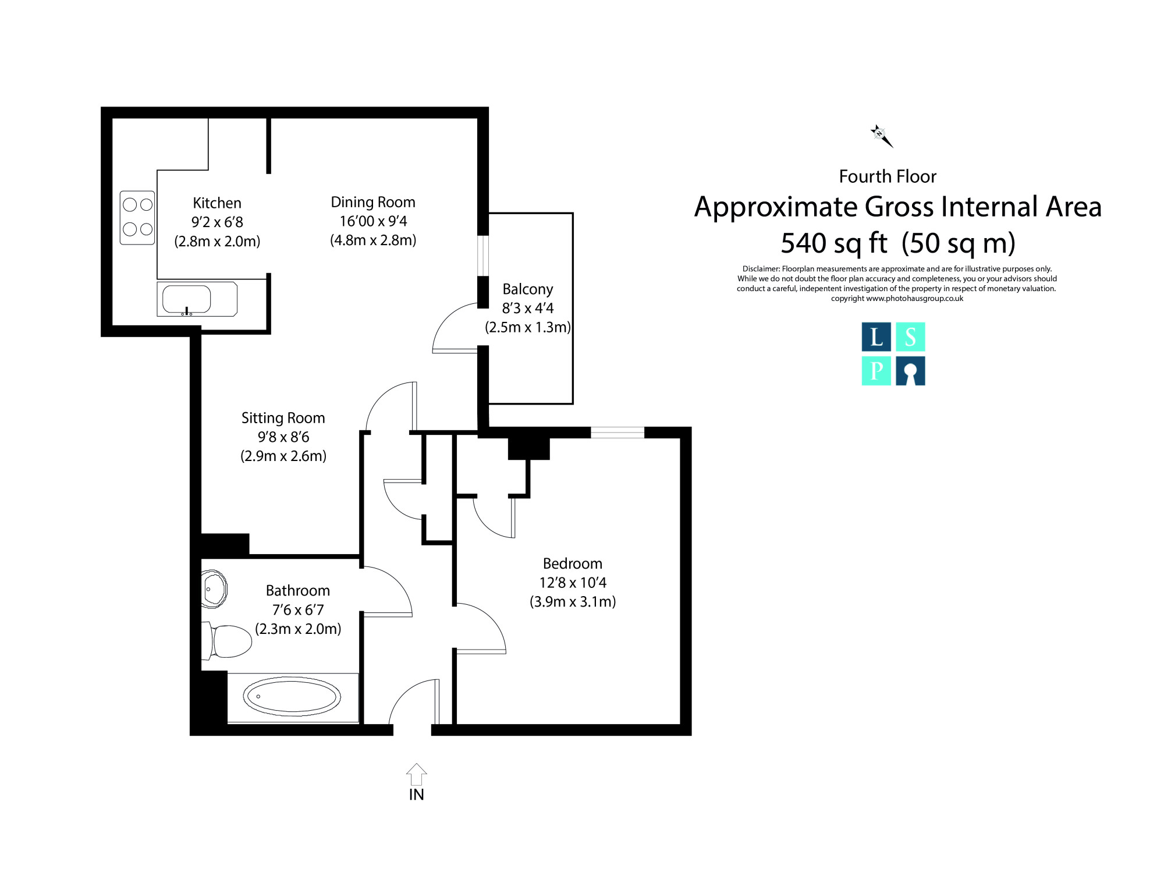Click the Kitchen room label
pos(217,203)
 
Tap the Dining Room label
pos(373,202)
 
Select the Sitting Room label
pos(283,418)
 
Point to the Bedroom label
pos(573,563)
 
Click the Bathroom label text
pos(298,590)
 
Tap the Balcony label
pos(528,289)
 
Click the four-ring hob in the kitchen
pos(137,218)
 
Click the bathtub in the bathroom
pos(292,697)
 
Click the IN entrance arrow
pos(416,775)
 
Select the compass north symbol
pos(881,136)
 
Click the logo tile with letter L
pos(876,337)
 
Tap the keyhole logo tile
pos(910,371)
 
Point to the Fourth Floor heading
pos(888,176)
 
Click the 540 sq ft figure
pos(834,243)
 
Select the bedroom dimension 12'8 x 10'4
pos(573,583)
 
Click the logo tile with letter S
pos(910,337)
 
